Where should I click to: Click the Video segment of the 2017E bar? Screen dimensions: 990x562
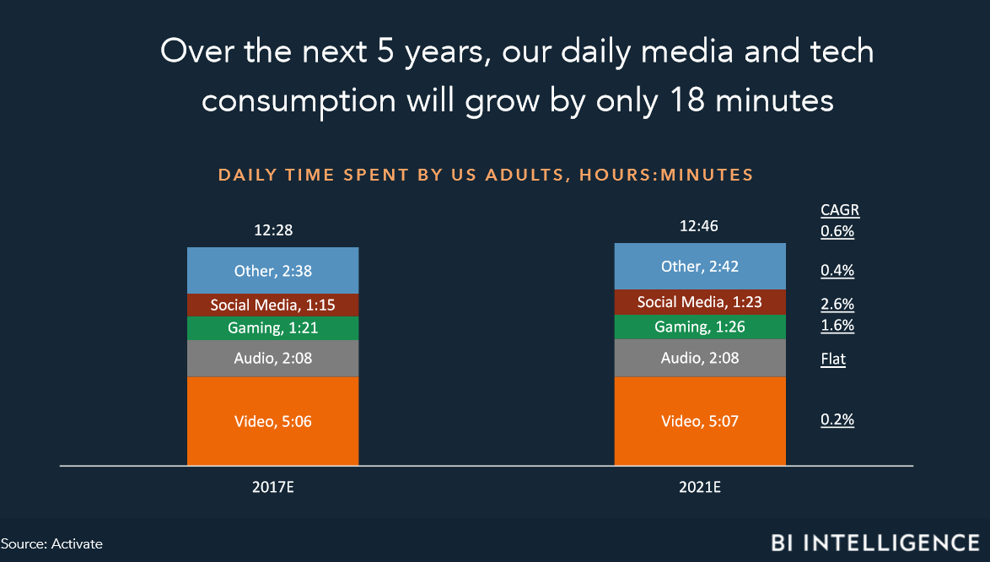(272, 421)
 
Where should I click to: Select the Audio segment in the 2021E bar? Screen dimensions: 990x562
(700, 358)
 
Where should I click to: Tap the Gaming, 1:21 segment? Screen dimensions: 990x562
(272, 328)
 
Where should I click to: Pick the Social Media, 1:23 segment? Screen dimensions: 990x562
(700, 302)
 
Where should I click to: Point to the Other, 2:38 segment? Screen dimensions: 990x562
(272, 271)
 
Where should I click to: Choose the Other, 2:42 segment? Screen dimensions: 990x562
(700, 267)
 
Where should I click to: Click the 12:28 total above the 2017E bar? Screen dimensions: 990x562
(273, 230)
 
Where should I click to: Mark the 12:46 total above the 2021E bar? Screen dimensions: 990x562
(699, 226)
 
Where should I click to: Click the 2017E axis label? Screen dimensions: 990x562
(272, 488)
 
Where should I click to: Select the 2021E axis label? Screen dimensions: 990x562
(700, 488)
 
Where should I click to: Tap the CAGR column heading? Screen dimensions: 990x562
(840, 210)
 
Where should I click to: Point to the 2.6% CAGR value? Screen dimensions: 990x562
(837, 305)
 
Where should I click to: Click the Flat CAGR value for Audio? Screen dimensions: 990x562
(833, 359)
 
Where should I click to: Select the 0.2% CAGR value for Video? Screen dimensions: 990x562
(837, 420)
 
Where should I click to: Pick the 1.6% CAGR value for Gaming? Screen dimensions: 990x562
(837, 326)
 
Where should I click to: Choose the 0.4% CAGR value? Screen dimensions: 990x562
(837, 271)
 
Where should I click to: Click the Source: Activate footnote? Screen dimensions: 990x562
(51, 543)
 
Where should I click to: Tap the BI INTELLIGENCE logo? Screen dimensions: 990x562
(875, 543)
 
